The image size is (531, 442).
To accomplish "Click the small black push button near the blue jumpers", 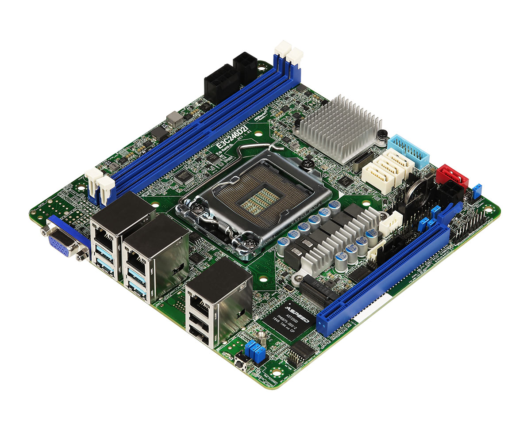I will point(242,365).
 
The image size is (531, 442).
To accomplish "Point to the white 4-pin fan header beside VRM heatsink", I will point(390,221).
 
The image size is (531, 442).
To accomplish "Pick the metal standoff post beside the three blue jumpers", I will point(263,338).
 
